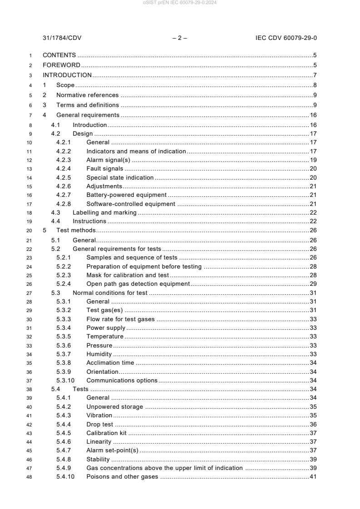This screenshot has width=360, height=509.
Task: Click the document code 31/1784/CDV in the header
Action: click(x=62, y=38)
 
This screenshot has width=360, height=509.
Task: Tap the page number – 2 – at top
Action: click(x=180, y=38)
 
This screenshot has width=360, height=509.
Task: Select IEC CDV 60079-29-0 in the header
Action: click(x=286, y=38)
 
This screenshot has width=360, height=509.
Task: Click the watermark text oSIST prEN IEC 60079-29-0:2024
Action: click(x=180, y=3)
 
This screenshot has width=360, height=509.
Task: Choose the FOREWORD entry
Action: click(x=62, y=65)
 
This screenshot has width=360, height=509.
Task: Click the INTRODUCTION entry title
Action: click(x=67, y=75)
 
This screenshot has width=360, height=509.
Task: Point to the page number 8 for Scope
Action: click(x=315, y=85)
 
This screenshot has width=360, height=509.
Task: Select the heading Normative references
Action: click(x=87, y=95)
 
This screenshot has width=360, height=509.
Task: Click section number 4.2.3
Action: click(x=64, y=160)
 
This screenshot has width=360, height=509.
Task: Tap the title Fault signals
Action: click(x=104, y=168)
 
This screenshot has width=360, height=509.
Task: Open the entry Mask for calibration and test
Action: click(x=128, y=275)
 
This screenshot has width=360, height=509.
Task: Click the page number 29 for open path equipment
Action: click(x=313, y=284)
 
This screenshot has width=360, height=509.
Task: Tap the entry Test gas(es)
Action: click(x=104, y=310)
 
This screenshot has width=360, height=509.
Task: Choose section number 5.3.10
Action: click(x=66, y=380)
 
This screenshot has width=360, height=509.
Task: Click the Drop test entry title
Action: click(x=100, y=424)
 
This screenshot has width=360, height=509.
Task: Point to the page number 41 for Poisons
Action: click(x=313, y=476)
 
